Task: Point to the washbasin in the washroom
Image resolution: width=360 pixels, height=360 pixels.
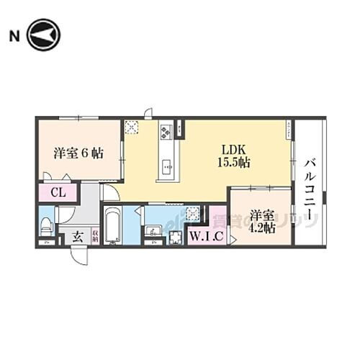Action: (x=153, y=231)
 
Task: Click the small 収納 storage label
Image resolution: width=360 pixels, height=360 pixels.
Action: (x=94, y=235)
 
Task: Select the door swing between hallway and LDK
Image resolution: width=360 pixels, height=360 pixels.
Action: (x=109, y=192)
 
